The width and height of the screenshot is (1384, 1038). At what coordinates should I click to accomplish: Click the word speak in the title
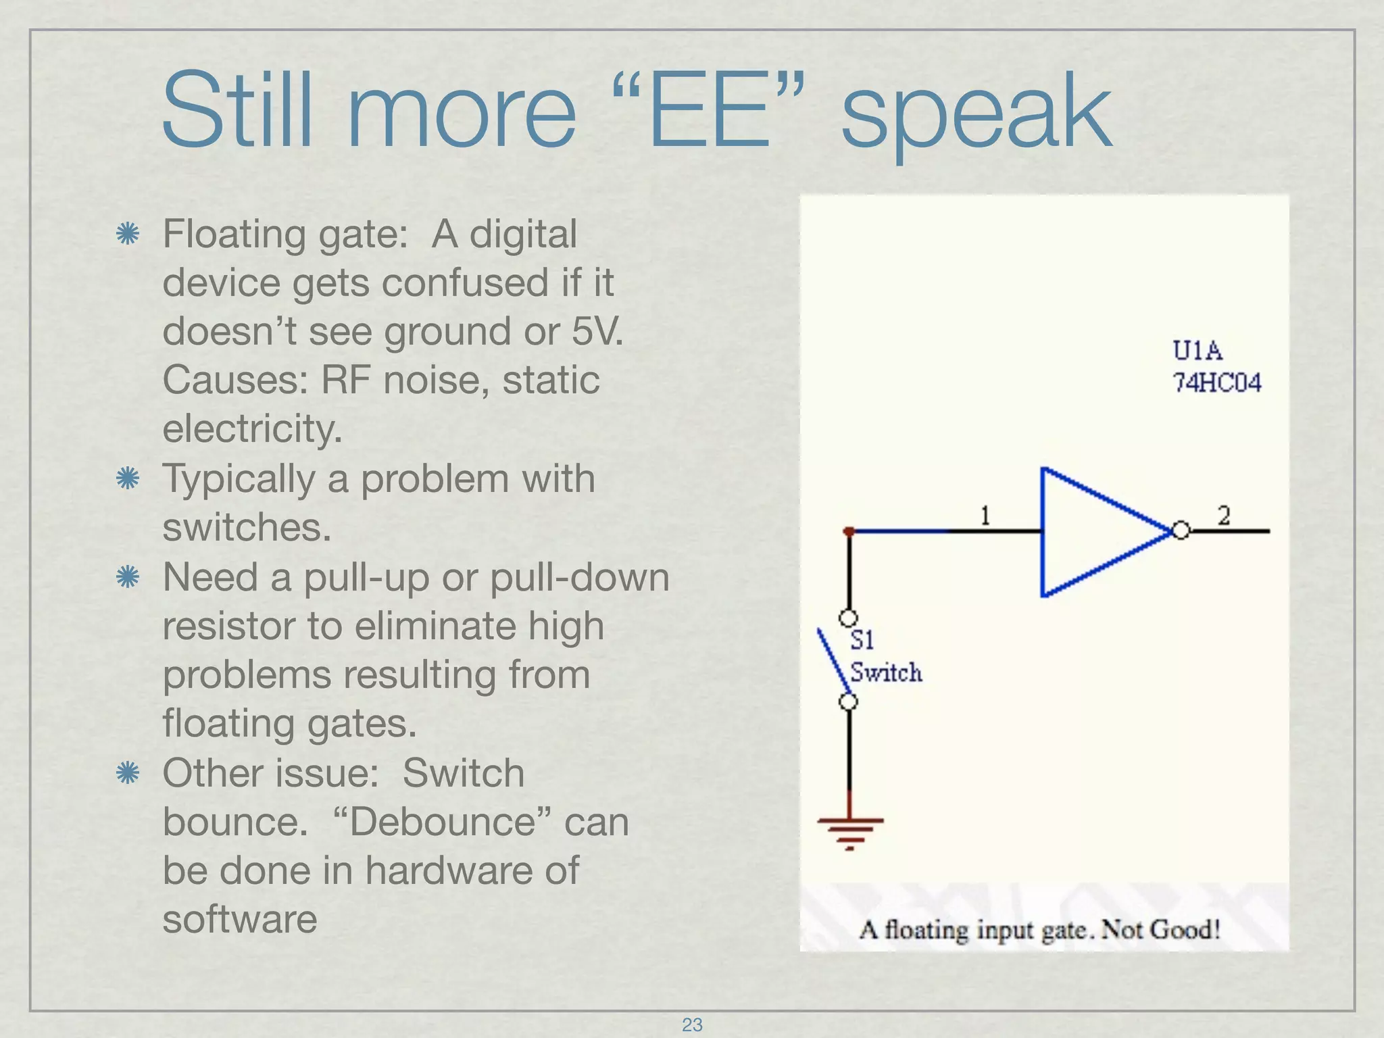tap(976, 115)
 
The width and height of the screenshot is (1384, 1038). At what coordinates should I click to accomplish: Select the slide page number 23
tap(692, 1024)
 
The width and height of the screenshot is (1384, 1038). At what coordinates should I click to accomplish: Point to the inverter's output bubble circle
tap(1181, 531)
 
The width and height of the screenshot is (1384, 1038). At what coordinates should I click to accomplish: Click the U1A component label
tap(1197, 351)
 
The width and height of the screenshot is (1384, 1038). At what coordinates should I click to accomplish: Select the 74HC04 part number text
tap(1217, 383)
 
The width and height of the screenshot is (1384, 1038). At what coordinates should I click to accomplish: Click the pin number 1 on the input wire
tap(985, 516)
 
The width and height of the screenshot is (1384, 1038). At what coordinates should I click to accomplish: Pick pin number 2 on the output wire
tap(1224, 516)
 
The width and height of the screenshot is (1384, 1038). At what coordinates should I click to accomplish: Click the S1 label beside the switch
tap(862, 639)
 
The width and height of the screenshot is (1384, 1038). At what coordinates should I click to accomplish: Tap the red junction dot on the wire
tap(849, 532)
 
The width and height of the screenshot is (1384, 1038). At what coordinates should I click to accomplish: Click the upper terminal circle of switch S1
tap(848, 618)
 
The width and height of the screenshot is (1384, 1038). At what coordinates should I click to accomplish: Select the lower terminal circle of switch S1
tap(849, 701)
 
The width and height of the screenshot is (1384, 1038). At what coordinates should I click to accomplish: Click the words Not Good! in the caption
tap(1160, 930)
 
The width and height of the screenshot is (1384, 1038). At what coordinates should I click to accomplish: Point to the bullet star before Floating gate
tap(127, 234)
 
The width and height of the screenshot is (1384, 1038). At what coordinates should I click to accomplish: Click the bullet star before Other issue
tap(127, 773)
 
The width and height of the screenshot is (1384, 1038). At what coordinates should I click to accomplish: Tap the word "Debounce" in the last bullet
tap(443, 822)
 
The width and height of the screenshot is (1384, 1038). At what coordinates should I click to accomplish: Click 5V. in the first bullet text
tap(597, 331)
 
